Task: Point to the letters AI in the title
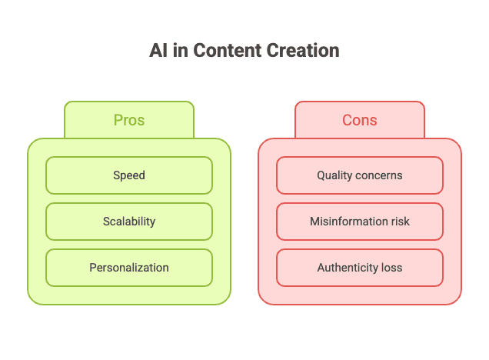[158, 50]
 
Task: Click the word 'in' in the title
[180, 50]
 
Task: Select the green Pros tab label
[129, 120]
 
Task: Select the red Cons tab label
[360, 120]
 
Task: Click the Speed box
[129, 175]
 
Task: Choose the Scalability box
[129, 222]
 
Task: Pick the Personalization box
[129, 268]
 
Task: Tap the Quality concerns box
[360, 175]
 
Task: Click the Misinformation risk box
[360, 222]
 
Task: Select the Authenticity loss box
[360, 268]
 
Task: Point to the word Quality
[334, 175]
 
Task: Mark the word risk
[400, 222]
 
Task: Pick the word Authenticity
[348, 268]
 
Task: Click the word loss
[392, 268]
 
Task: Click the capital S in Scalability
[106, 222]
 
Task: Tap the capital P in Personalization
[92, 268]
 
